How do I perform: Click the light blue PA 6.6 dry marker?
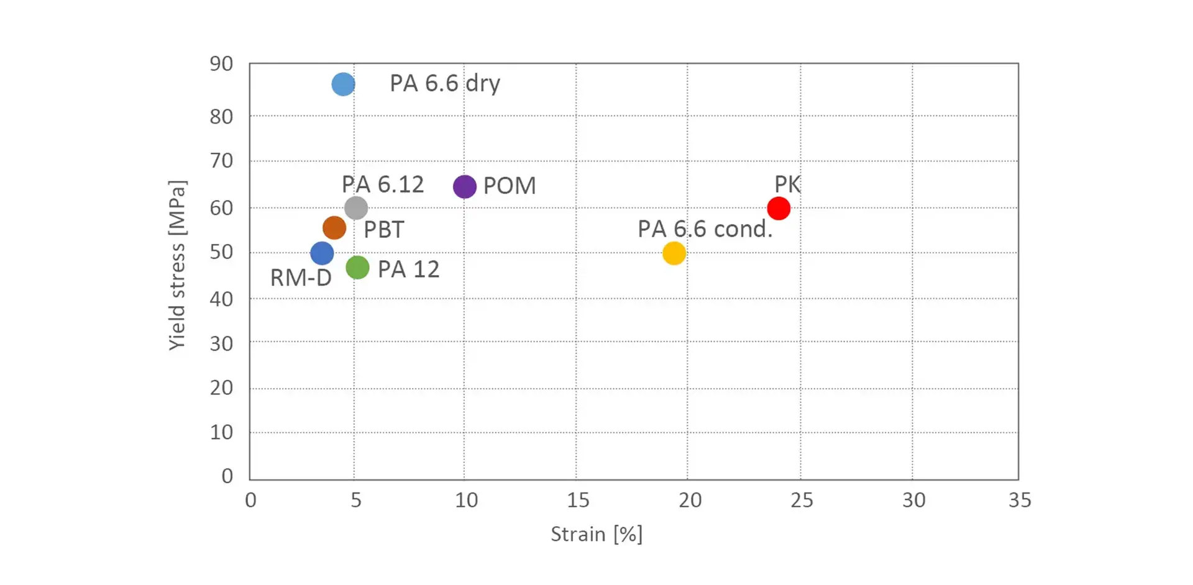[343, 84]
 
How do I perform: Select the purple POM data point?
[465, 186]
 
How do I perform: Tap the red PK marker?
[779, 208]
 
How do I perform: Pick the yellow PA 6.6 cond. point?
[674, 253]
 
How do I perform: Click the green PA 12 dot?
[357, 268]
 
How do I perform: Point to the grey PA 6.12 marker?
[356, 207]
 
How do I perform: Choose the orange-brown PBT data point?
[334, 228]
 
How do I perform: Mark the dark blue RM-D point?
[322, 253]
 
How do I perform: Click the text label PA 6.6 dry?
[444, 83]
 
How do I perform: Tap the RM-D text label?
[301, 278]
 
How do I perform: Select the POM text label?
[510, 186]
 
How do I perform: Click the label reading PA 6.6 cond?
[705, 229]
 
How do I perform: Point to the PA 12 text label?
[408, 269]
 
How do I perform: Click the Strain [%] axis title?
[596, 534]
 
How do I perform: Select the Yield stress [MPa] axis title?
[177, 265]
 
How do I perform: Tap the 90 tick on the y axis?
[221, 63]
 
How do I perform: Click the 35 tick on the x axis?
[1020, 500]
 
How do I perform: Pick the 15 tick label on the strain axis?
[578, 500]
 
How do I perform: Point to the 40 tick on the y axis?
[221, 299]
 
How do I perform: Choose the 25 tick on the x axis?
[802, 500]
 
